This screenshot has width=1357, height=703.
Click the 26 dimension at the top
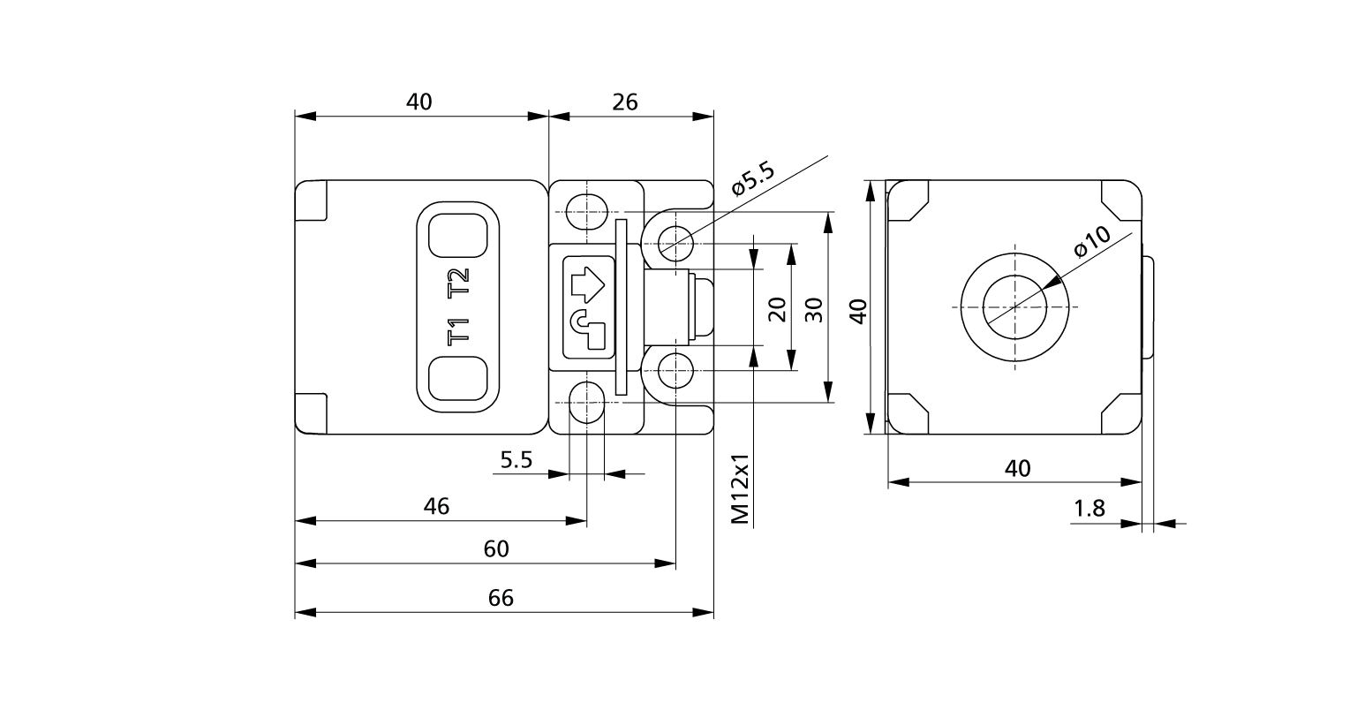(625, 102)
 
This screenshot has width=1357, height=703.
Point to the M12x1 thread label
(741, 490)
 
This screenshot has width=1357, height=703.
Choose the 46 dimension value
(436, 506)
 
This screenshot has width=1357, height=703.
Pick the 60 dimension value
(496, 548)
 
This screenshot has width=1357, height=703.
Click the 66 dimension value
(501, 598)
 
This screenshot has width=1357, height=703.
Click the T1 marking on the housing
(457, 332)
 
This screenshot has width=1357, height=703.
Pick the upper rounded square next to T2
(457, 235)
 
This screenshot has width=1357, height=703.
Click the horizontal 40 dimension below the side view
(1018, 468)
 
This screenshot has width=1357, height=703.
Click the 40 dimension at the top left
(419, 102)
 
